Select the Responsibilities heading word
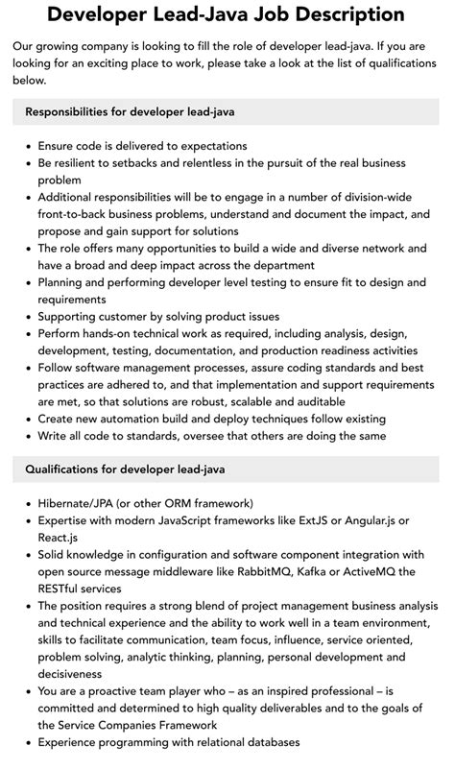click(x=73, y=112)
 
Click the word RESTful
click(x=64, y=590)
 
